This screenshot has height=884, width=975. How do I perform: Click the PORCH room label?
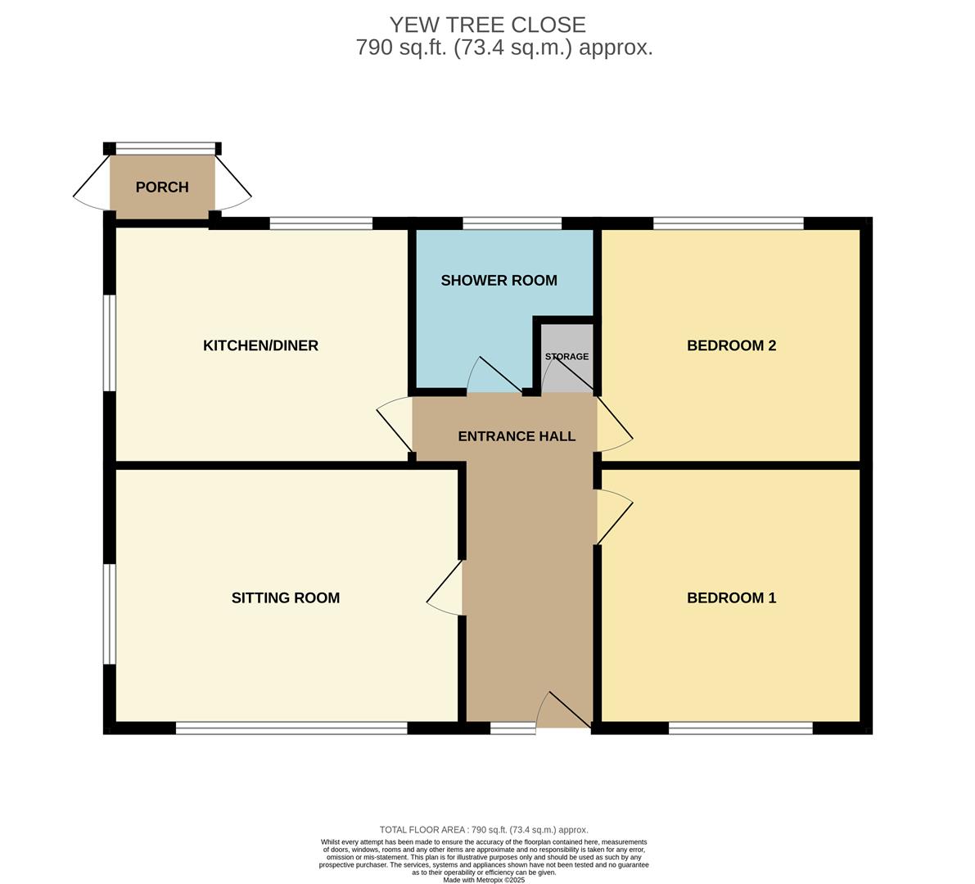[161, 187]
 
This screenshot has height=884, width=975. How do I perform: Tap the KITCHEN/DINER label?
[260, 345]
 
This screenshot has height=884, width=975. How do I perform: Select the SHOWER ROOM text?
[499, 281]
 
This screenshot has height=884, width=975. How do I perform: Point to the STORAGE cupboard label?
[566, 356]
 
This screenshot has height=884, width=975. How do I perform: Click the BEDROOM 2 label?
[731, 345]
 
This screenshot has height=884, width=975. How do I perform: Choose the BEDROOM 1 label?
[731, 598]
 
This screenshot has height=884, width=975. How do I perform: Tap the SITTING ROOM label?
[286, 598]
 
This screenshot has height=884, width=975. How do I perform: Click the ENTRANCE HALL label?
[517, 436]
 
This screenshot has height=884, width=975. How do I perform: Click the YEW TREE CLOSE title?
[488, 25]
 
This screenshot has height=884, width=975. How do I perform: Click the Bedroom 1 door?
[614, 517]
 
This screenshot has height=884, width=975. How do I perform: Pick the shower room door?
[494, 375]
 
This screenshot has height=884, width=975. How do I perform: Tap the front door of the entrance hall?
[563, 710]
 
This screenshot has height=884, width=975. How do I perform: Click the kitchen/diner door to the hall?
[395, 426]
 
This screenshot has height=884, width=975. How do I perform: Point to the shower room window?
[512, 223]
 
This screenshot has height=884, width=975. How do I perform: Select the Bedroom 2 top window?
[728, 223]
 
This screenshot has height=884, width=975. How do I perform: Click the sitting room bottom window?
[291, 728]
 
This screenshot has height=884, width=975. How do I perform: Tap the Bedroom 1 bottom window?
[741, 728]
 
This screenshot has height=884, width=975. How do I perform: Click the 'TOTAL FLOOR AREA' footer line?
[484, 830]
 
